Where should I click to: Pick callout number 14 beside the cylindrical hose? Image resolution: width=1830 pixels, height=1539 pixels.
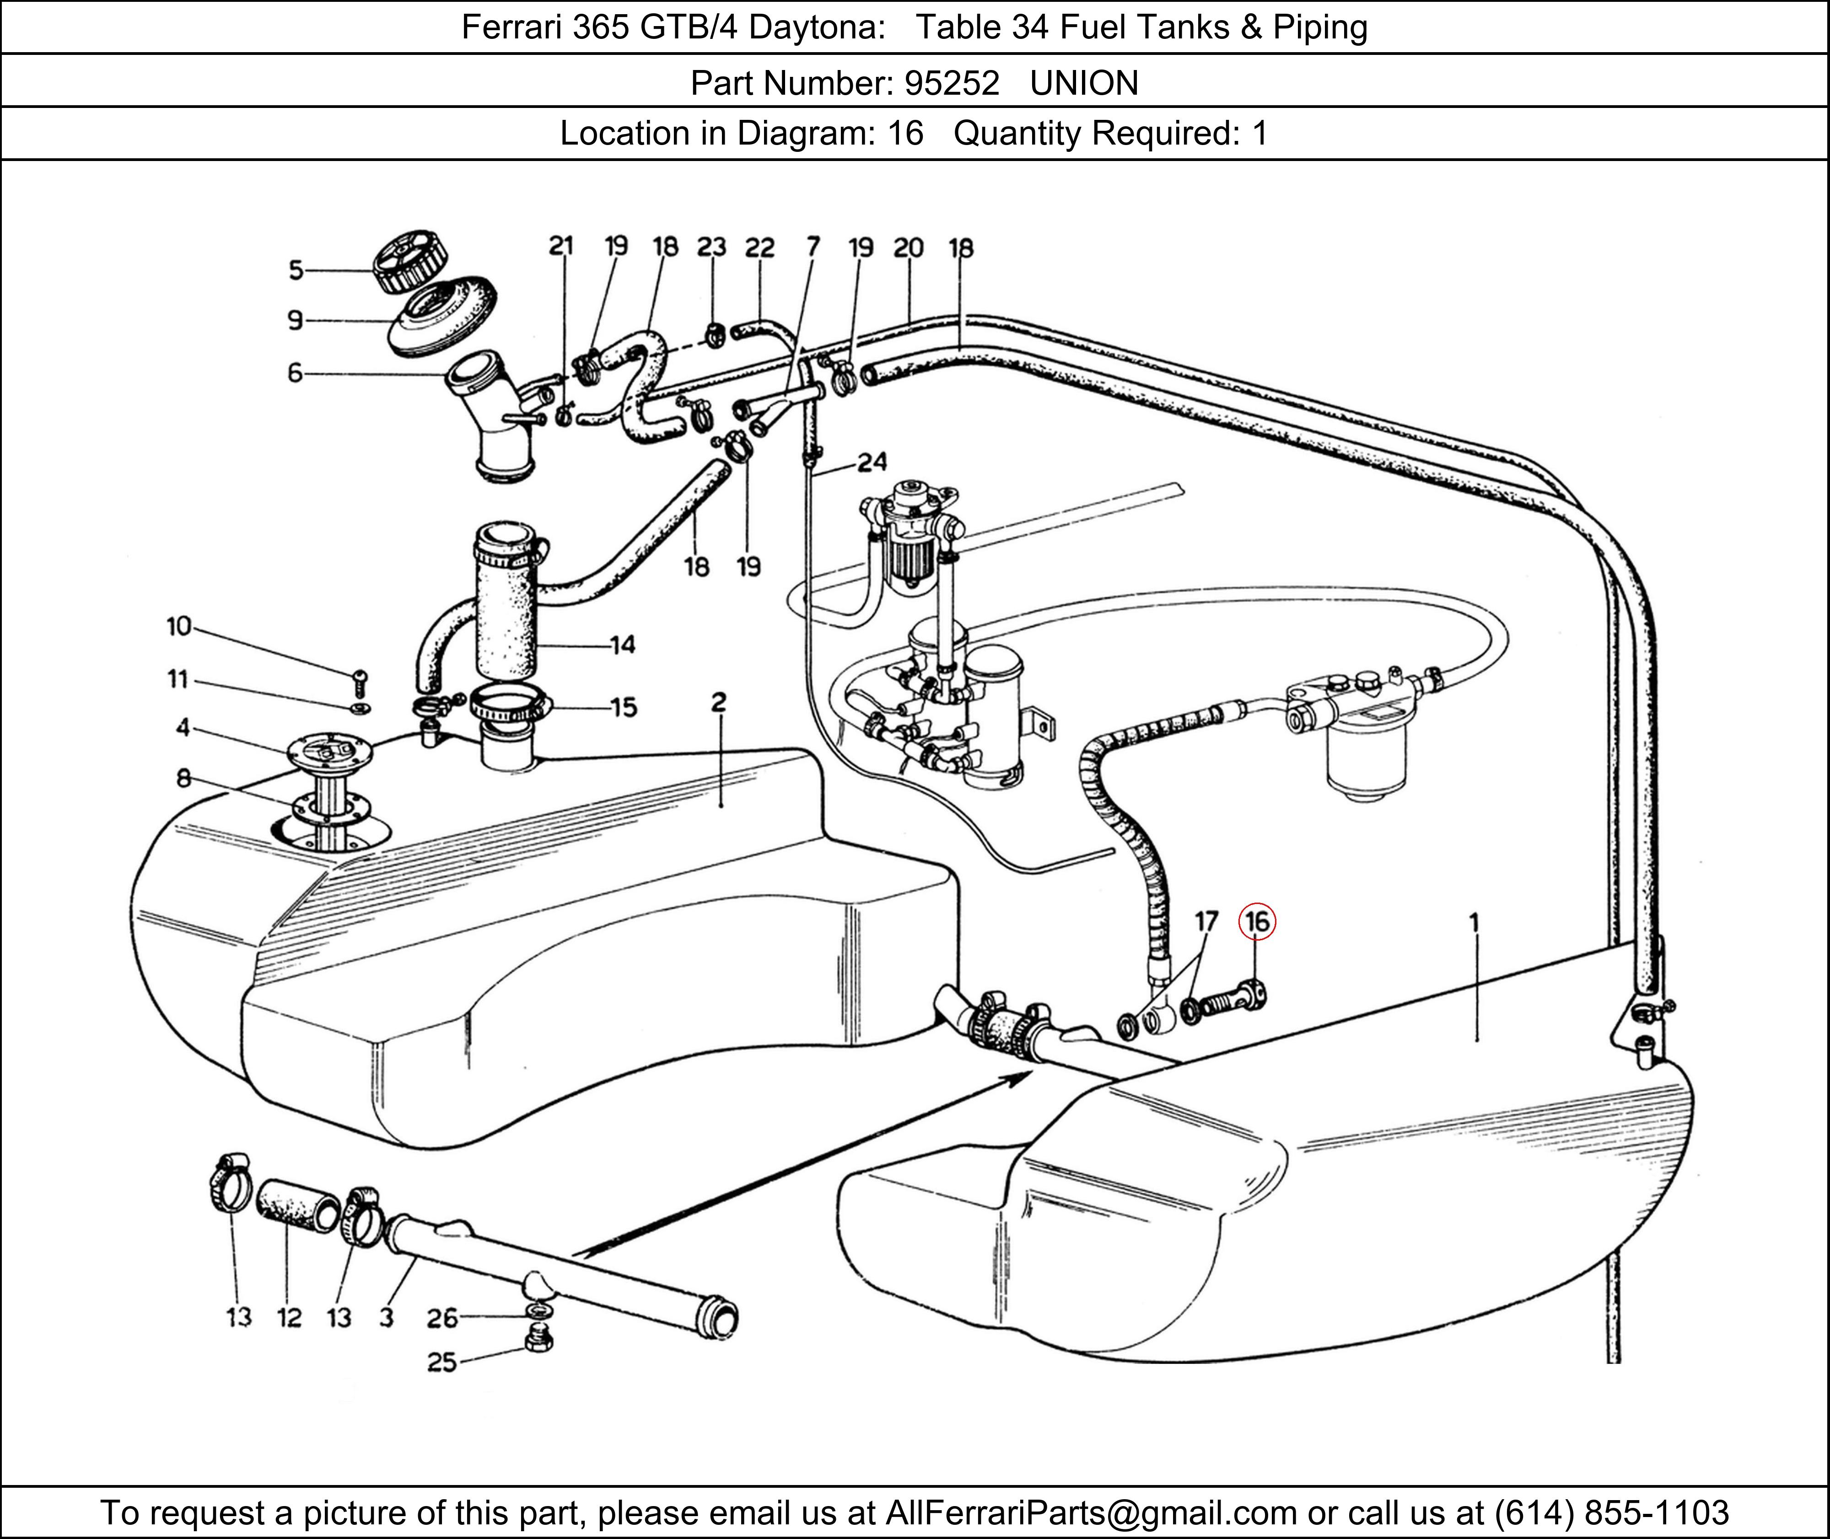click(622, 646)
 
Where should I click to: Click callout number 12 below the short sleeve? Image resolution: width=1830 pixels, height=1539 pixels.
click(289, 1318)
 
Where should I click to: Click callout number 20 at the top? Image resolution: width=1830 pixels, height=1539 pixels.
click(908, 249)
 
